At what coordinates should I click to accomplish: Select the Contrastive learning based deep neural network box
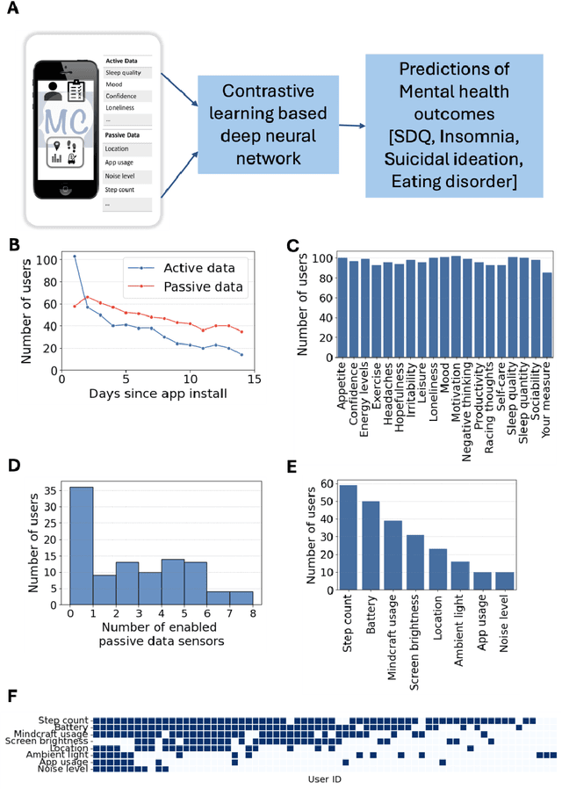pyautogui.click(x=263, y=125)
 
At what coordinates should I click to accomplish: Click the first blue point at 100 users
pyautogui.click(x=75, y=257)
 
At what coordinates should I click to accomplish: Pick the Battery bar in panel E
pyautogui.click(x=371, y=547)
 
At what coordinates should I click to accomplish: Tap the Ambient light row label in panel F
pyautogui.click(x=57, y=754)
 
